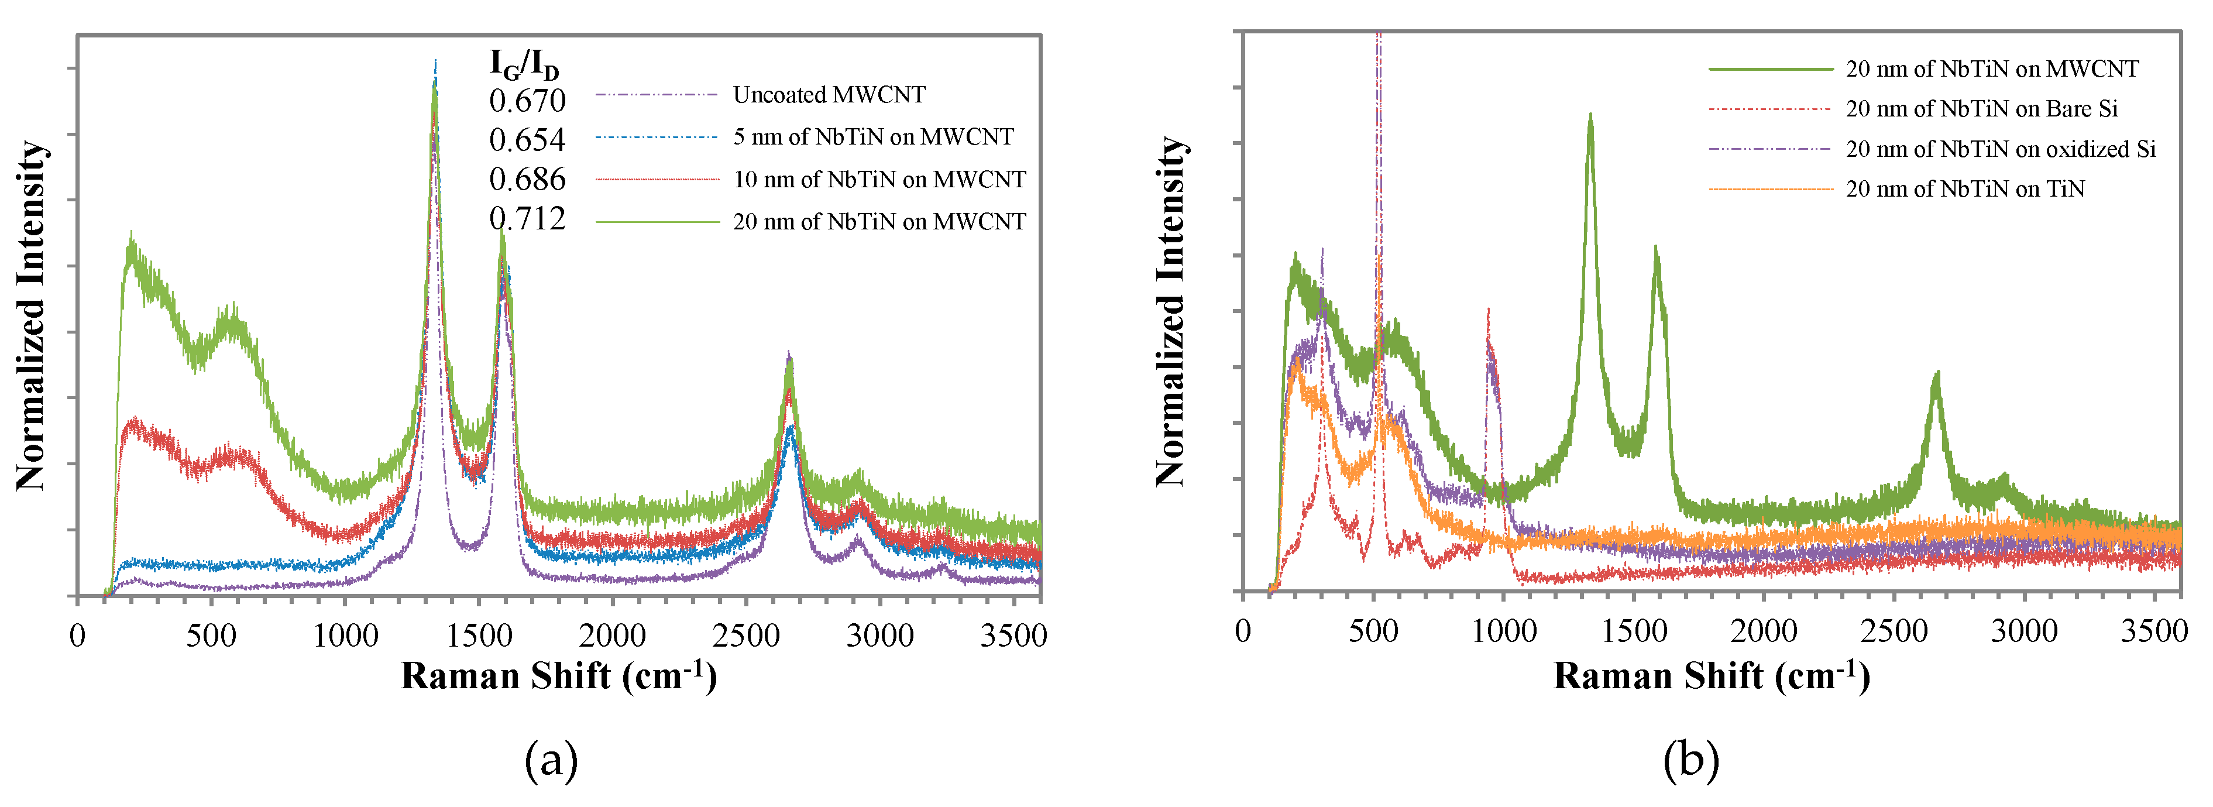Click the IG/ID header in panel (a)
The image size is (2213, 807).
(524, 64)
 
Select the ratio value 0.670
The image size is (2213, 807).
(527, 101)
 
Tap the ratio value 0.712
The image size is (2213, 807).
(527, 219)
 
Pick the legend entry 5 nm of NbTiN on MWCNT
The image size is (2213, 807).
(873, 137)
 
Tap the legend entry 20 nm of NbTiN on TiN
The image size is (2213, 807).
(1965, 188)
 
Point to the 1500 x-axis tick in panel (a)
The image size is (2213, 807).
(479, 636)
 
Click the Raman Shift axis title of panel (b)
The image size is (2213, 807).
(1712, 675)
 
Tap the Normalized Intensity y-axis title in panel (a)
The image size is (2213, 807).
(31, 315)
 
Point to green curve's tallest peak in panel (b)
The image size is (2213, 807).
(1590, 115)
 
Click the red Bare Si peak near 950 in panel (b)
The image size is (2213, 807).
(1488, 311)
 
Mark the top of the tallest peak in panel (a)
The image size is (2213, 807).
(435, 62)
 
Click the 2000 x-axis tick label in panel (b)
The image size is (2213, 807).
(1763, 631)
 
